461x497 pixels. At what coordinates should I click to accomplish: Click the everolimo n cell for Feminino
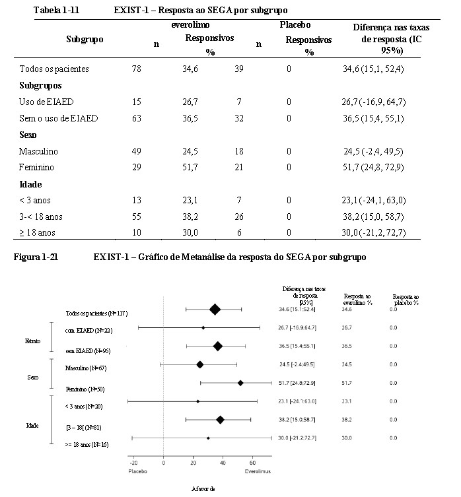pos(137,167)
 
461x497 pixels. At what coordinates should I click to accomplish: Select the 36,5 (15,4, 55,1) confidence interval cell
pos(373,118)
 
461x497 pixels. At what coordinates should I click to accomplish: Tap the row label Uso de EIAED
pos(46,102)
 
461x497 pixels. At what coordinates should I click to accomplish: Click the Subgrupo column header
pos(85,40)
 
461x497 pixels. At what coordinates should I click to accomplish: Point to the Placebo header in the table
pos(295,24)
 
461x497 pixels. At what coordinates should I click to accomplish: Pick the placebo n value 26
pos(239,216)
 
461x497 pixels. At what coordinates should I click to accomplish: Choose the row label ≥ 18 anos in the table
pos(37,232)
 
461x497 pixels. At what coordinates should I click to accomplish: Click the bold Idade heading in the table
pos(30,184)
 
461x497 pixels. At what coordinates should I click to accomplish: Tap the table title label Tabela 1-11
pos(57,10)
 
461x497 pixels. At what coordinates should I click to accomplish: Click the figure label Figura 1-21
pos(36,257)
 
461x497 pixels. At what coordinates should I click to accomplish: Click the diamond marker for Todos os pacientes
pos(215,310)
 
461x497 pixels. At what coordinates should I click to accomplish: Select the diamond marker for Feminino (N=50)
pos(240,383)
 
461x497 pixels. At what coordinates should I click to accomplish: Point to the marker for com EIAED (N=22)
pos(203,328)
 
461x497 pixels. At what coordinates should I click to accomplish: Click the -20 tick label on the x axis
pos(134,463)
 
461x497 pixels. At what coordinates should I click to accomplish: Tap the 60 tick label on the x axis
pos(252,463)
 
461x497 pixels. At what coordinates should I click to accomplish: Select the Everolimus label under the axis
pos(258,472)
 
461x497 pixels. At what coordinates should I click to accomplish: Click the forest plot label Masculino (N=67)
pos(86,368)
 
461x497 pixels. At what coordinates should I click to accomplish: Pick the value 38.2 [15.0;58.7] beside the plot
pos(297,420)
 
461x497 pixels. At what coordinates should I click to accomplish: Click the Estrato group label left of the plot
pos(32,341)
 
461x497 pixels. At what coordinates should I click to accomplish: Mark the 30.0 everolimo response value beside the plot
pos(347,438)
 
